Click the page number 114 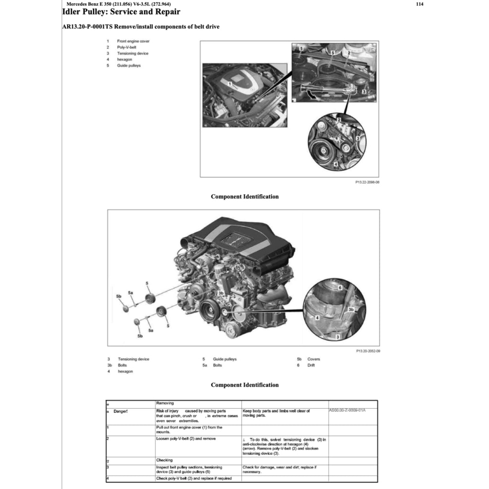[419, 4]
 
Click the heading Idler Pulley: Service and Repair [121, 12]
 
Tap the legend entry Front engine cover [133, 42]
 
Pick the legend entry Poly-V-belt [127, 47]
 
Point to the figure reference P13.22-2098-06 [367, 182]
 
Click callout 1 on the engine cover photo [230, 84]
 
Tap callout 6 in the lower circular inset [340, 288]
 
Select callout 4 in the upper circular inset [336, 164]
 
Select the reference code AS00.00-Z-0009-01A [351, 410]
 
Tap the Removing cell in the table [165, 403]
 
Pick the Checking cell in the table [165, 460]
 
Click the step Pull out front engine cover [189, 429]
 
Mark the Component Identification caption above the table [244, 385]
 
